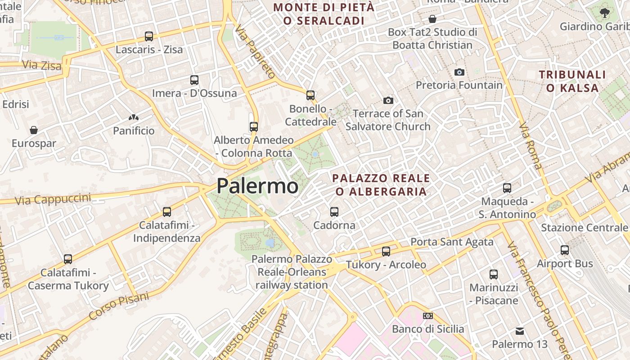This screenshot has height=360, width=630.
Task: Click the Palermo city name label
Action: tap(257, 186)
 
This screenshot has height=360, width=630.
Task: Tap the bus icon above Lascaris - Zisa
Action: tap(149, 36)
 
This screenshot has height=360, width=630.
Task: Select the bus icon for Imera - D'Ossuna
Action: tap(194, 80)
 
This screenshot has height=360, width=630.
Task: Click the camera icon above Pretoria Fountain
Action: tap(459, 72)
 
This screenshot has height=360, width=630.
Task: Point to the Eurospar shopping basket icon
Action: tap(34, 130)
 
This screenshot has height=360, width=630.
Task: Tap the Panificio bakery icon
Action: tap(134, 118)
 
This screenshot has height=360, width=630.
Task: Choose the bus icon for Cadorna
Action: tap(334, 211)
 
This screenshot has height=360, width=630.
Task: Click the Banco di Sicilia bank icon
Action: tap(428, 316)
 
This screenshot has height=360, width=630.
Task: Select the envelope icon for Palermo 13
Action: tap(520, 331)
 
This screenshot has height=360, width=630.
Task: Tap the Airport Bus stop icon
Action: tap(565, 250)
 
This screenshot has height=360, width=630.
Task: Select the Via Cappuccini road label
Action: tap(53, 199)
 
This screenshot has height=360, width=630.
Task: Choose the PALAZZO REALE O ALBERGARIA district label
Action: tap(381, 185)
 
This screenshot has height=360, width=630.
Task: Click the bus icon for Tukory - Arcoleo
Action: tap(386, 251)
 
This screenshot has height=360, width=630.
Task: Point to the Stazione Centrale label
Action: tap(584, 227)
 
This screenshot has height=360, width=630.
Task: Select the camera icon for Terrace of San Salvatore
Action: tap(388, 100)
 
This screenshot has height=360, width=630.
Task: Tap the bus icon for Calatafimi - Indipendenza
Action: tap(167, 211)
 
